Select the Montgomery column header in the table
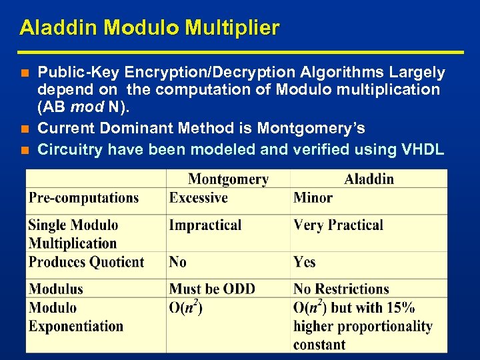[x=228, y=179]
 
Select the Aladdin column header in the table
[x=369, y=179]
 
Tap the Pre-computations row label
[x=83, y=198]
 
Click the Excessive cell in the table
[x=198, y=198]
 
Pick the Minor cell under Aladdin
[x=313, y=198]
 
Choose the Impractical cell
[x=205, y=225]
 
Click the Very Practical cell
[x=338, y=225]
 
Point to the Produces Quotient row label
[x=86, y=262]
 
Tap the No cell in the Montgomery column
[x=178, y=262]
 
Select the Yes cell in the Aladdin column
[x=305, y=262]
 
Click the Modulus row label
[x=56, y=289]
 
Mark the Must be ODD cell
[x=212, y=289]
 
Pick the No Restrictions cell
[x=341, y=289]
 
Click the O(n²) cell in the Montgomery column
[x=186, y=308]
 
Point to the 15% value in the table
[x=401, y=308]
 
